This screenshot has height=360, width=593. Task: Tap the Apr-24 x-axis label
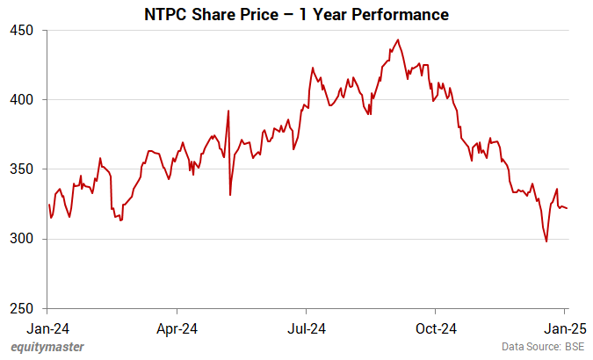pos(177,329)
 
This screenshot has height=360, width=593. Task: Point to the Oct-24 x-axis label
pos(435,329)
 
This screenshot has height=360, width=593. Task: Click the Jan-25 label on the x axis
pos(565,329)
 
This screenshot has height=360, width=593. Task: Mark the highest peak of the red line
pos(399,40)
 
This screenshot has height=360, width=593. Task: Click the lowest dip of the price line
pos(546,241)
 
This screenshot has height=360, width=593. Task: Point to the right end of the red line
pos(567,208)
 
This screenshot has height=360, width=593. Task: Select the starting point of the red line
pos(49,205)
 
